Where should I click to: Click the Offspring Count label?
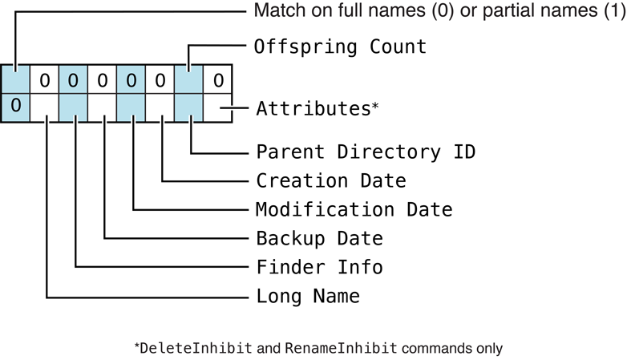click(x=340, y=47)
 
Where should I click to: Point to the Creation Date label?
click(x=330, y=180)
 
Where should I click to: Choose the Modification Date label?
click(x=354, y=210)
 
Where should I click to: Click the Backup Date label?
click(x=319, y=239)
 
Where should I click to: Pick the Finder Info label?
click(x=319, y=267)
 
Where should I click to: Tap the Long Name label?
click(x=308, y=296)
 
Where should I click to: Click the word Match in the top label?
click(x=275, y=11)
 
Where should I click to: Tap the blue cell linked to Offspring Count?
click(x=189, y=79)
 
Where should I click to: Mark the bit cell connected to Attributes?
click(x=218, y=107)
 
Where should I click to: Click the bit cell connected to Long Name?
click(x=45, y=107)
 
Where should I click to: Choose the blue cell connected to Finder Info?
click(x=74, y=107)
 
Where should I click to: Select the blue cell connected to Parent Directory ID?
click(x=189, y=107)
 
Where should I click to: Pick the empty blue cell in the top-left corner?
click(x=15, y=79)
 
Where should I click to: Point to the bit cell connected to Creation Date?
click(x=160, y=107)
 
